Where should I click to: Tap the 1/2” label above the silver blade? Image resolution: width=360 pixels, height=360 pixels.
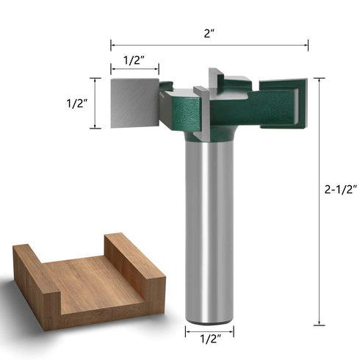coord(132,61)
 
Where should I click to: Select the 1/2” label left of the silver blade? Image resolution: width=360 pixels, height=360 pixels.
coord(71,104)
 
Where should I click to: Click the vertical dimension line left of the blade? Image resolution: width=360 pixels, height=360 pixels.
coord(93,103)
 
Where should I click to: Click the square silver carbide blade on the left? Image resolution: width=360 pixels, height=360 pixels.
coord(134,103)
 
